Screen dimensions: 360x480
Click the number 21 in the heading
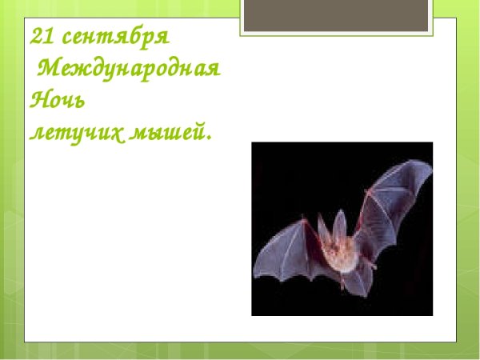(x=41, y=37)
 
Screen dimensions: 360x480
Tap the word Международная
(x=129, y=69)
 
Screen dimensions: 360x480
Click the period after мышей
(x=210, y=137)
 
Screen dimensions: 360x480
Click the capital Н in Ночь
(x=38, y=100)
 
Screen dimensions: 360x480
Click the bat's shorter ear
(x=322, y=227)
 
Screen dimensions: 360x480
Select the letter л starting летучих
(x=36, y=132)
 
